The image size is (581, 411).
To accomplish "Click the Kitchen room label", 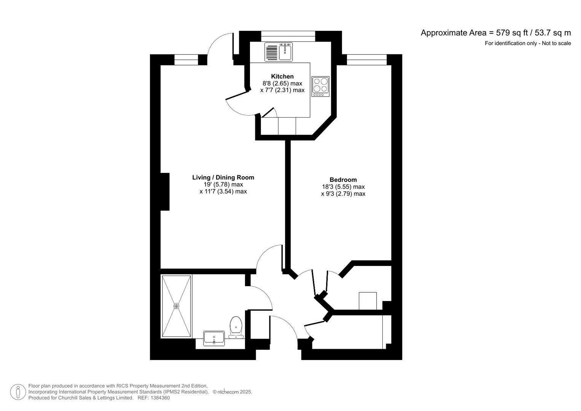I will [x=282, y=76].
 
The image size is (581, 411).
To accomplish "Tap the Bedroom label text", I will [x=343, y=180].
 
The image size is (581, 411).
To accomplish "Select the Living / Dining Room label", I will [x=223, y=177].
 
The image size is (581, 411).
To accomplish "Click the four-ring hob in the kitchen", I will [x=320, y=85].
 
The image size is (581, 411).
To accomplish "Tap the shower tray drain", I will [x=176, y=306].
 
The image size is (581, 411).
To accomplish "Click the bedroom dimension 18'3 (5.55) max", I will [x=343, y=187].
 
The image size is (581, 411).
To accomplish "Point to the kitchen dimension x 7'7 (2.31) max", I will [x=282, y=90].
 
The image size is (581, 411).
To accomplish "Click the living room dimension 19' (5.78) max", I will [x=223, y=185].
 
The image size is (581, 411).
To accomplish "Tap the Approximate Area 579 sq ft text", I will [x=495, y=33].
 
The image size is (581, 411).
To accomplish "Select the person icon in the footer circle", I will [x=18, y=392].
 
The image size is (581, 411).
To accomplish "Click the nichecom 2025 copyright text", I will [x=232, y=392].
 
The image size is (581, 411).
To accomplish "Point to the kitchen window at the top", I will [x=288, y=36].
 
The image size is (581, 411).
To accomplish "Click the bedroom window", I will [x=366, y=60].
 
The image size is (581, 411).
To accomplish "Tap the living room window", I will [x=186, y=60].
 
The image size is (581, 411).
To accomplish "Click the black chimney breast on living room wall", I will [x=165, y=191].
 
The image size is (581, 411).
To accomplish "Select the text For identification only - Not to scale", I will [x=527, y=43].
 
